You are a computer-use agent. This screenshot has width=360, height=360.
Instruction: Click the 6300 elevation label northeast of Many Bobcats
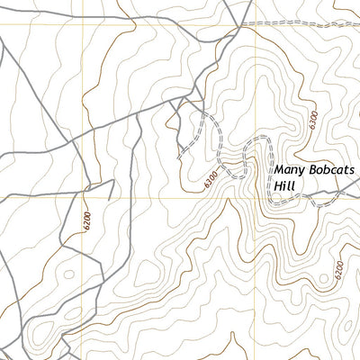point(311,120)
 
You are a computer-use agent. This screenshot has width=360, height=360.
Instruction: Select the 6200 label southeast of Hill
point(337,270)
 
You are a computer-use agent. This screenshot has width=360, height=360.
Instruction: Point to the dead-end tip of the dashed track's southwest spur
point(180,154)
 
